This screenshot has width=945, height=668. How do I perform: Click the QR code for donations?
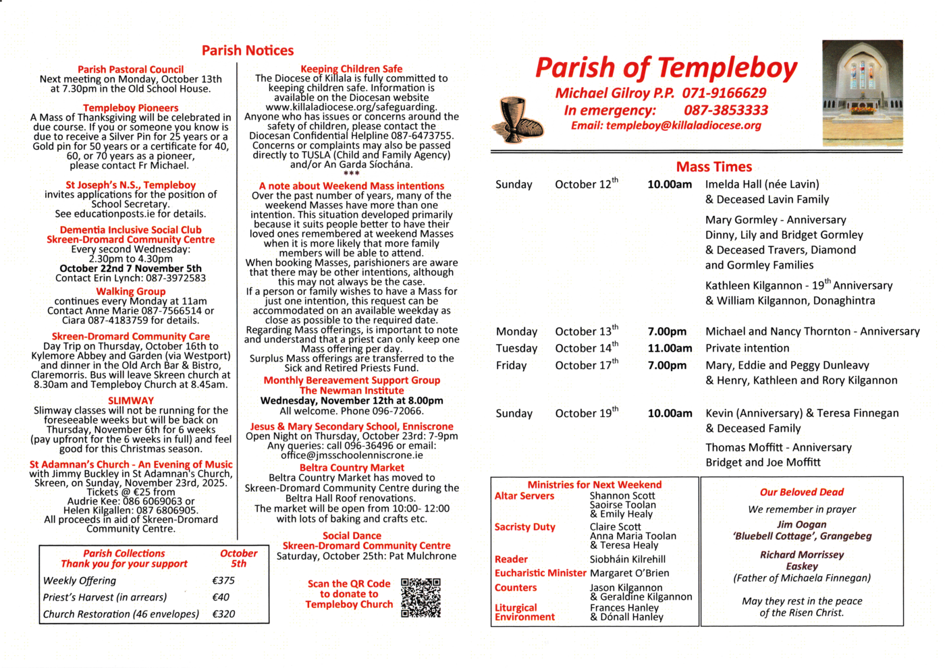[x=421, y=597]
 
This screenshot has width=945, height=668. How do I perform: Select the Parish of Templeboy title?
[x=666, y=68]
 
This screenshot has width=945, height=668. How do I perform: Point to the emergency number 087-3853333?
[x=726, y=110]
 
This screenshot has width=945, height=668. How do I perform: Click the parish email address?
[x=683, y=126]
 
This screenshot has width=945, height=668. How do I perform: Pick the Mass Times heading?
[x=713, y=167]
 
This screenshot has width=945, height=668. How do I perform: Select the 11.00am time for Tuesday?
[x=670, y=348]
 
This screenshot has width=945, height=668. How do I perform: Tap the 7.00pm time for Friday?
[x=667, y=365]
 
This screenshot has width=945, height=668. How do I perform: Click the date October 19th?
[x=586, y=413]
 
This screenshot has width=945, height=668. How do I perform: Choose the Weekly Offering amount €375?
[x=223, y=580]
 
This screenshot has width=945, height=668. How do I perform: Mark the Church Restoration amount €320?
[x=223, y=614]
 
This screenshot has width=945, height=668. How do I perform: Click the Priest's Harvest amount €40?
[x=221, y=597]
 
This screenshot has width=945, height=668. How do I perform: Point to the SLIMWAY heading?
[x=131, y=400]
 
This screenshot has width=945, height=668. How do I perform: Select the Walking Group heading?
[x=131, y=291]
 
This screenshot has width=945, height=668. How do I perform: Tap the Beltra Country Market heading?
[x=352, y=468]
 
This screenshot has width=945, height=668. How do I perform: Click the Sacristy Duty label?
[x=524, y=527]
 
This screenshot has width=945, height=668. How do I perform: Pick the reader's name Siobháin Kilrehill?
[x=627, y=559]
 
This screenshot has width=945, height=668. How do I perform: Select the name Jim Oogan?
[x=801, y=524]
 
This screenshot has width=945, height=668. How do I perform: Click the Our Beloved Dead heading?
[x=801, y=492]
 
